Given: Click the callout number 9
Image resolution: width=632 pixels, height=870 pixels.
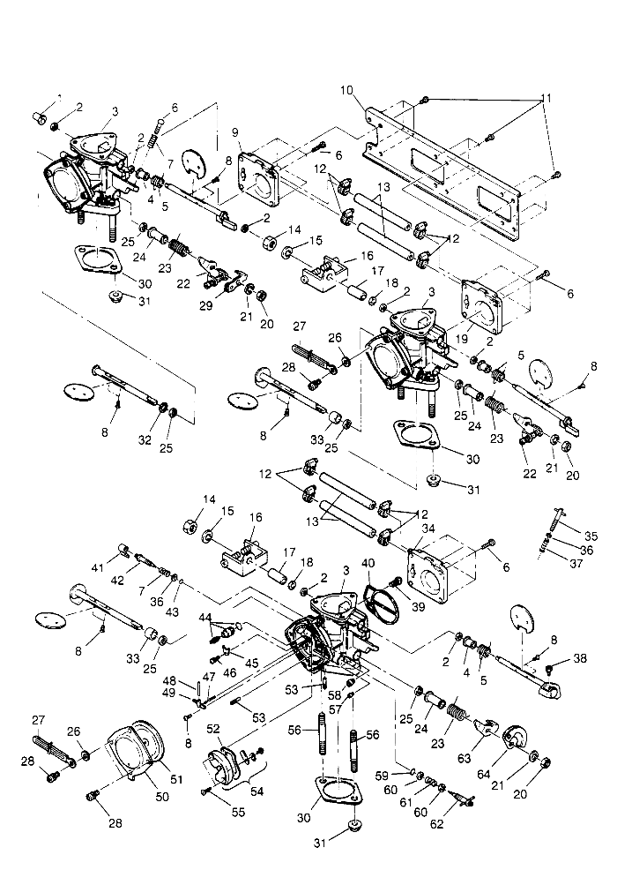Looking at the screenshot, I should coord(235,132).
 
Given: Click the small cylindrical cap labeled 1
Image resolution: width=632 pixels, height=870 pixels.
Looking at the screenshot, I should coord(39,117).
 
